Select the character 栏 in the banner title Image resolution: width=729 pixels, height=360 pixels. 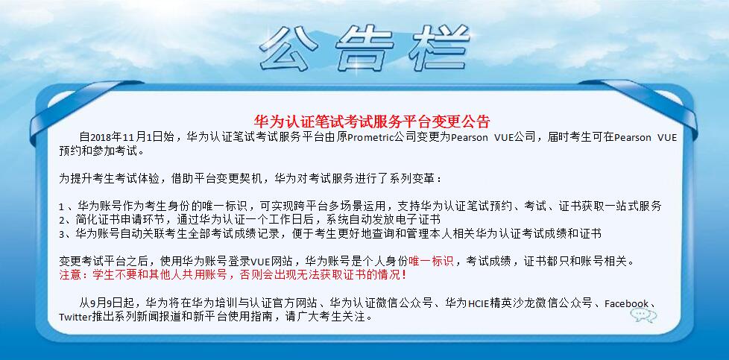439,48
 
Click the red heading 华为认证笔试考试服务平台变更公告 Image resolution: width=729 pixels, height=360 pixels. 372,121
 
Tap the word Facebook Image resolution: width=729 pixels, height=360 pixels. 626,304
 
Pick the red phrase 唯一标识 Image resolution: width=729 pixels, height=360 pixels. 431,261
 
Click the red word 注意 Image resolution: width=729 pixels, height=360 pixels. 71,275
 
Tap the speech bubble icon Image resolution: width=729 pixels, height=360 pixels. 643,315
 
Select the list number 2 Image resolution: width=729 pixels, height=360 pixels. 61,220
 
